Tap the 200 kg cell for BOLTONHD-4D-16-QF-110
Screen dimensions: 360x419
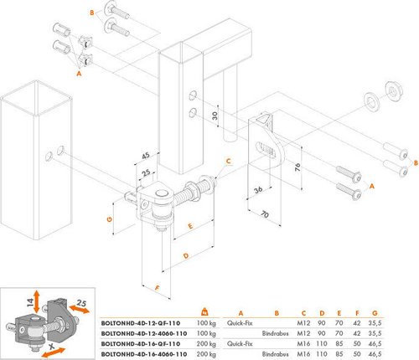tap(207, 344)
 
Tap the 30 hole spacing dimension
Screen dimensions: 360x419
tap(215, 116)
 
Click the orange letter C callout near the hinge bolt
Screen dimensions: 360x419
tap(227, 161)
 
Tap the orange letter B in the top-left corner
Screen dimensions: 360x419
tap(91, 12)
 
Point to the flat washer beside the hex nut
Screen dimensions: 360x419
tap(369, 102)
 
